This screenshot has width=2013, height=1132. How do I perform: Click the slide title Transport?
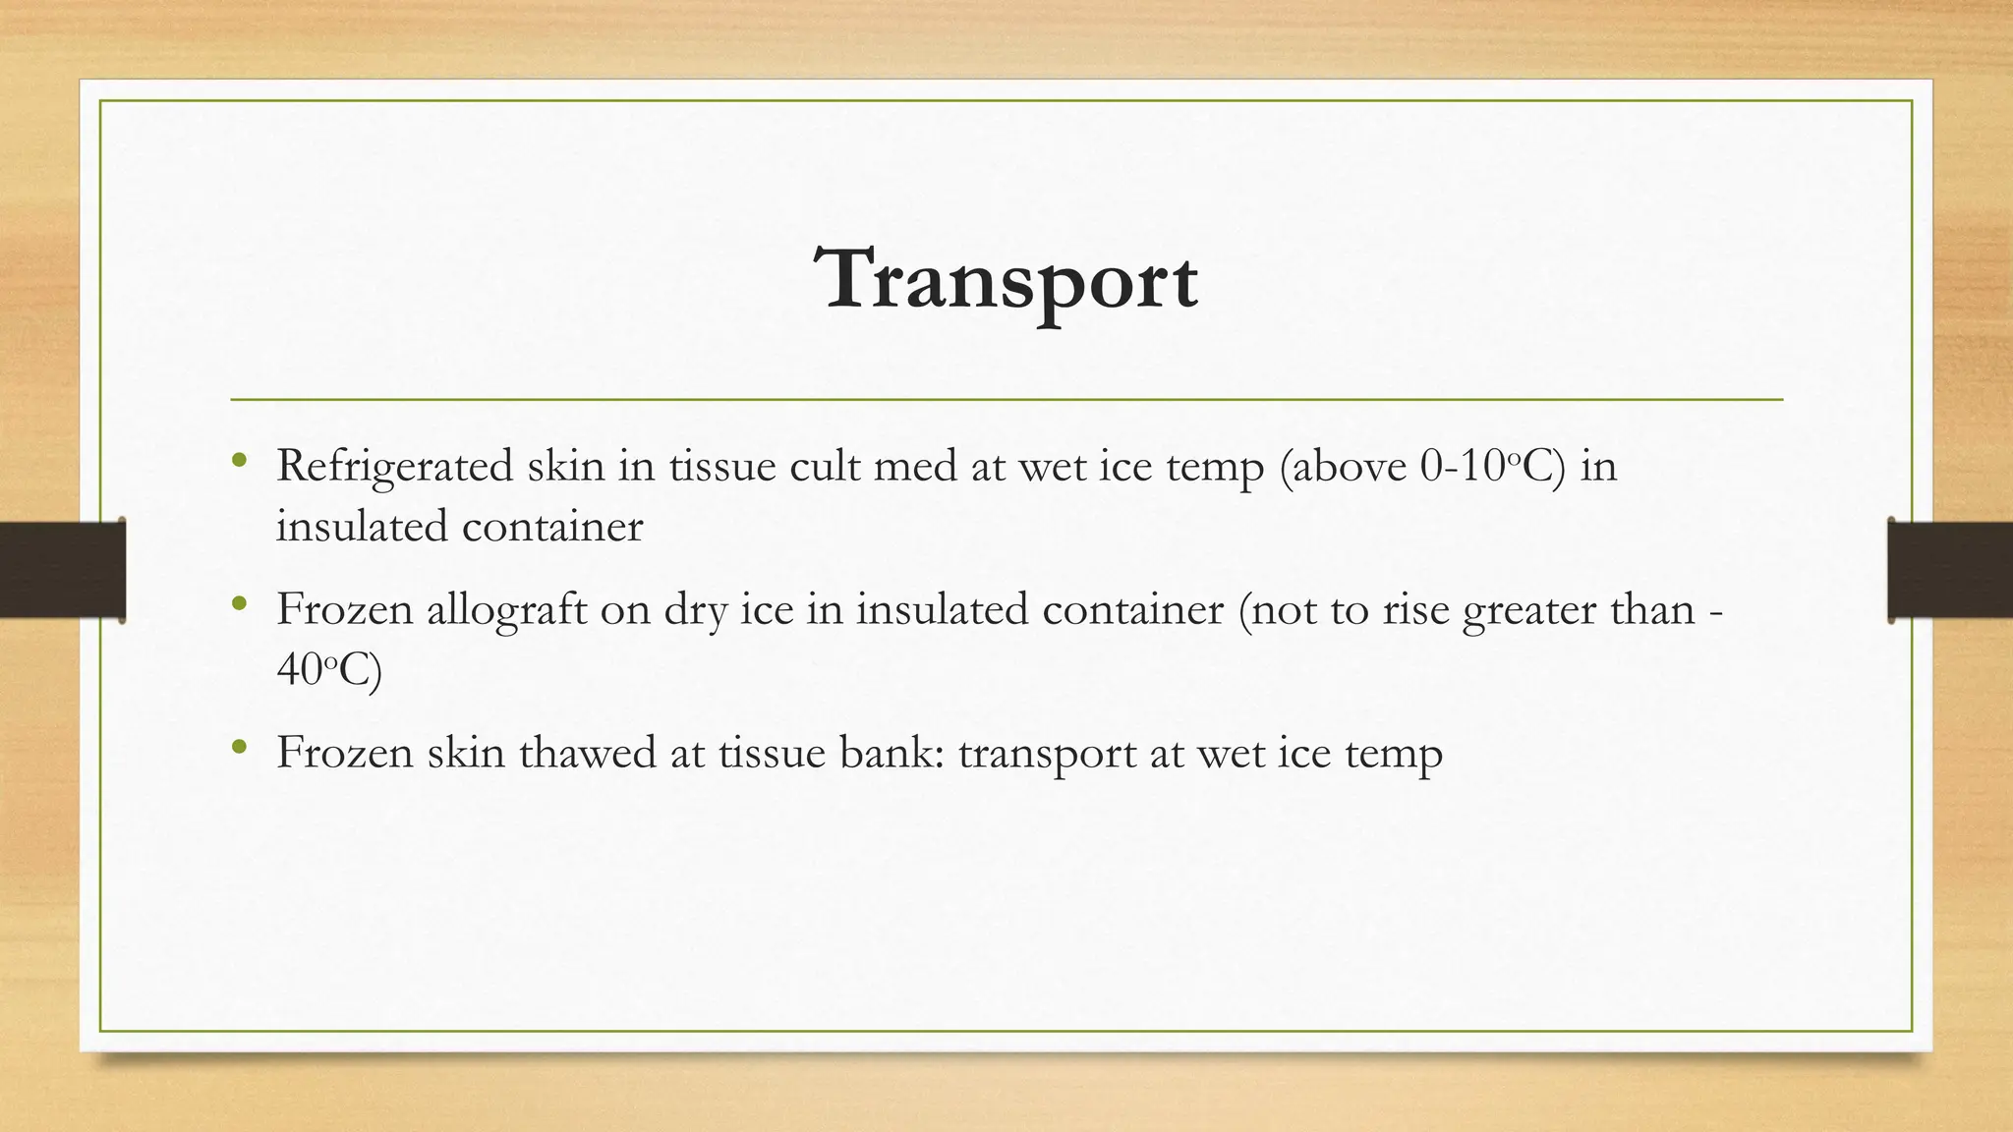[x=1006, y=280]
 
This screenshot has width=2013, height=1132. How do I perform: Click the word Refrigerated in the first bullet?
[x=394, y=467]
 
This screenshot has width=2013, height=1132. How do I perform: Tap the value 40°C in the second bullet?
[x=328, y=670]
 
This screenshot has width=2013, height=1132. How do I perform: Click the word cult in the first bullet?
[x=824, y=466]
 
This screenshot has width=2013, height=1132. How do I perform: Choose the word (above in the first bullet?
[x=1343, y=466]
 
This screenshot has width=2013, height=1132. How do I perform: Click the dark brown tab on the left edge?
[x=62, y=570]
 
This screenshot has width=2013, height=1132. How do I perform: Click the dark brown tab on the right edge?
[x=1950, y=570]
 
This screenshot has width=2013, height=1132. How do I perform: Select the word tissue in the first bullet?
[x=721, y=466]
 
